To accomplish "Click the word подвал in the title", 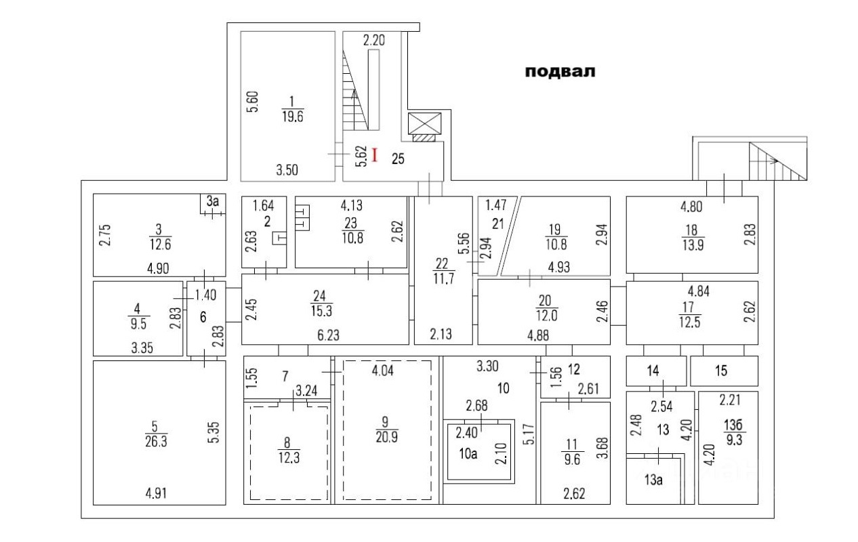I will pyautogui.click(x=560, y=72).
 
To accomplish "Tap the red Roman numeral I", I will pyautogui.click(x=375, y=156).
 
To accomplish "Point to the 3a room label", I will pyautogui.click(x=213, y=201).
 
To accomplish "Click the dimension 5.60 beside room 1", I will pyautogui.click(x=251, y=102).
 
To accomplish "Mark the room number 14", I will pyautogui.click(x=653, y=371).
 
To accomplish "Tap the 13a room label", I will pyautogui.click(x=653, y=480).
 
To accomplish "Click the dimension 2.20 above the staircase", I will pyautogui.click(x=374, y=41).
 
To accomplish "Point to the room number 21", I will pyautogui.click(x=498, y=224).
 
